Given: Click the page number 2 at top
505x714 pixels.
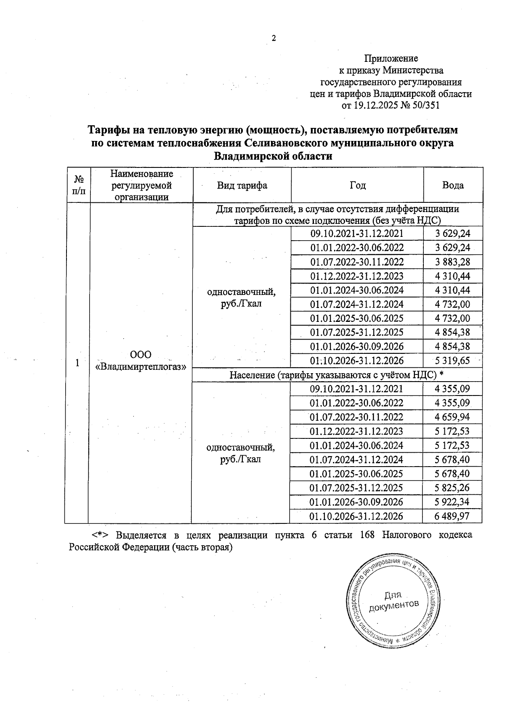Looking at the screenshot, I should click(x=274, y=38).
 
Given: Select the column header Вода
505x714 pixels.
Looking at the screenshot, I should click(x=453, y=185).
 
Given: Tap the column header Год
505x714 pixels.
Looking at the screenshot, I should click(x=358, y=185).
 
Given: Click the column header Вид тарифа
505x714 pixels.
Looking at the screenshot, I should click(x=242, y=185).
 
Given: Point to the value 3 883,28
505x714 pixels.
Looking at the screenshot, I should click(x=452, y=262).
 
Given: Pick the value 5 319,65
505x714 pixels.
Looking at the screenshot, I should click(x=452, y=361).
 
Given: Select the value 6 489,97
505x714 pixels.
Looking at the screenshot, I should click(x=452, y=516).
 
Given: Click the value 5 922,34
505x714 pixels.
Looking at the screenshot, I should click(x=452, y=502).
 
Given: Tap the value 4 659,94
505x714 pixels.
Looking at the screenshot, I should click(x=452, y=417).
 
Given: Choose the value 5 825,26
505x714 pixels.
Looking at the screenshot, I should click(x=452, y=488).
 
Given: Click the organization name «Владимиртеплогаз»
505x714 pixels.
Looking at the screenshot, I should click(x=141, y=366).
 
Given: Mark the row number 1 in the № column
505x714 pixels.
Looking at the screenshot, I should click(x=77, y=363).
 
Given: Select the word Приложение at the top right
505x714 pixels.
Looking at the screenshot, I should click(x=391, y=58).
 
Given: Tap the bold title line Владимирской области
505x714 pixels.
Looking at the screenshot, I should click(x=273, y=157).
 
